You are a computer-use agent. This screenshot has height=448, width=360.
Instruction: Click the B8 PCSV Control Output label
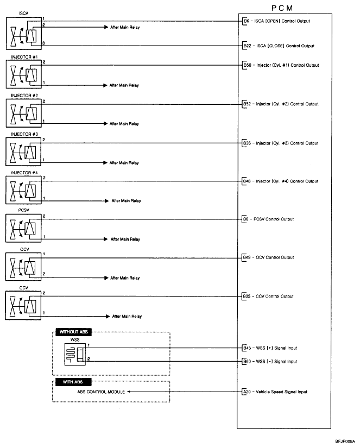(x=268, y=219)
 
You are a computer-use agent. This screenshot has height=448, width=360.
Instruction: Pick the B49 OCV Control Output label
(x=268, y=257)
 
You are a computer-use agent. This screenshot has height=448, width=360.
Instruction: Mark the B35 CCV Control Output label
(x=268, y=296)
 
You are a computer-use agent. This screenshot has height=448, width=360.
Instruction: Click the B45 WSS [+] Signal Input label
(x=270, y=348)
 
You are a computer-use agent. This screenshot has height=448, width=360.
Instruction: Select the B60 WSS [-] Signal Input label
(x=270, y=361)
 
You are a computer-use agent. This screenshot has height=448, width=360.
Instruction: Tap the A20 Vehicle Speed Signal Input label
(x=275, y=392)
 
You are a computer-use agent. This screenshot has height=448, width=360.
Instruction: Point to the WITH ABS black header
(x=69, y=382)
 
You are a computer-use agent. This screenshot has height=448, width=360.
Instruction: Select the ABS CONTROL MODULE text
(x=101, y=392)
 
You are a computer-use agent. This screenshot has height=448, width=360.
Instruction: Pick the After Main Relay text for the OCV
(x=125, y=278)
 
